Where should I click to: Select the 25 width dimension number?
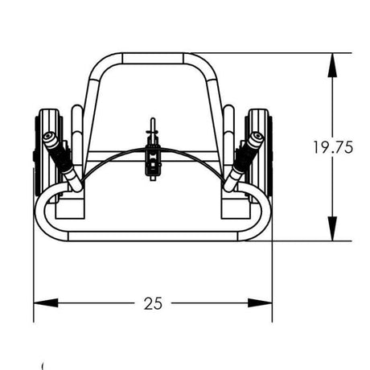click(x=153, y=303)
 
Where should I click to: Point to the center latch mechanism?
click(x=151, y=157)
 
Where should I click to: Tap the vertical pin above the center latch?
click(x=151, y=129)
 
